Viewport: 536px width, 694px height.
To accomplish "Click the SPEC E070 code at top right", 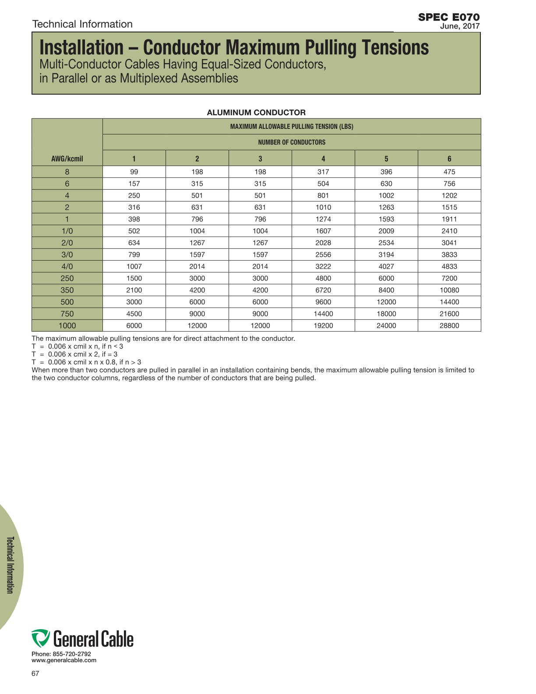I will [x=448, y=17].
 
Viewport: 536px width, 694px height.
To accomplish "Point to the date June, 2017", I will [x=459, y=26].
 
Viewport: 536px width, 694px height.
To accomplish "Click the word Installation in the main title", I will [x=82, y=47].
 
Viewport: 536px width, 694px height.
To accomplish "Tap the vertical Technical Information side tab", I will [x=10, y=565].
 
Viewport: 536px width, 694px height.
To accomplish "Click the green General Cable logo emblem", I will [x=40, y=638].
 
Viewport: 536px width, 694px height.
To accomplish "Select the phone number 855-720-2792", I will [x=72, y=654].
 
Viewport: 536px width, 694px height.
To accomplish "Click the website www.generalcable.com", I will [x=64, y=660].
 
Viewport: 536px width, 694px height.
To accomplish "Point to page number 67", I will [x=35, y=673].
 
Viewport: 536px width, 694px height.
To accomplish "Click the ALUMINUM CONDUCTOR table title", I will [x=256, y=113].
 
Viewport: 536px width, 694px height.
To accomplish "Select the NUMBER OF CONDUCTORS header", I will [x=292, y=142].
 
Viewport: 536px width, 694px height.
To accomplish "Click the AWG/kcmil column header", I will [x=67, y=159].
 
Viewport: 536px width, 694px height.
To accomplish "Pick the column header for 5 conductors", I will [x=386, y=159].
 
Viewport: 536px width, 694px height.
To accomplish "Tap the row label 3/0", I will [x=67, y=255].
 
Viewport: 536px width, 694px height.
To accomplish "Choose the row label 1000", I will [x=67, y=326].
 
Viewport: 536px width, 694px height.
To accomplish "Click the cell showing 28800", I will [x=449, y=326].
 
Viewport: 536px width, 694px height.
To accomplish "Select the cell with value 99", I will [x=134, y=172].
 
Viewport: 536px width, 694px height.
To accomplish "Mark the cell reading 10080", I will [x=449, y=290].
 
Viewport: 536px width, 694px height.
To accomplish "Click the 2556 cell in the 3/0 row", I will [x=323, y=255].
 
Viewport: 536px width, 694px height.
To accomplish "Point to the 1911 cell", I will [x=449, y=219].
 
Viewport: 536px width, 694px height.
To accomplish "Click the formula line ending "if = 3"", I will [x=74, y=354].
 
